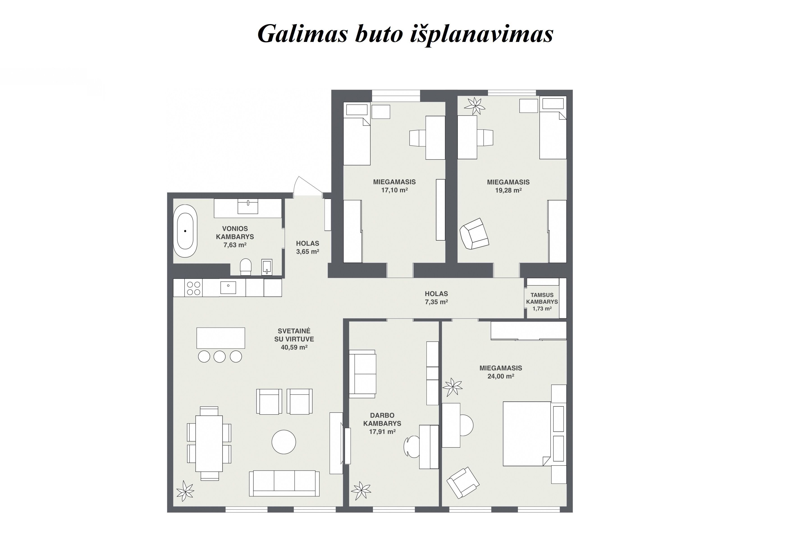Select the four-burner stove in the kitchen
(193, 288)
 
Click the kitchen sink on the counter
(228, 287)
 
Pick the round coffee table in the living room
(284, 442)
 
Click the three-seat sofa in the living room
(284, 483)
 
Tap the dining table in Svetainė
(209, 443)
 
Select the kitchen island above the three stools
(221, 338)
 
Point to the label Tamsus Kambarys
(542, 298)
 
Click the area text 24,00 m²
(501, 376)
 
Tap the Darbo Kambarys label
(382, 419)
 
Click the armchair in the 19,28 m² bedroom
(474, 234)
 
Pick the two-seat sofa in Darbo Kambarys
(362, 374)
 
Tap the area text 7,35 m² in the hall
(437, 302)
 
